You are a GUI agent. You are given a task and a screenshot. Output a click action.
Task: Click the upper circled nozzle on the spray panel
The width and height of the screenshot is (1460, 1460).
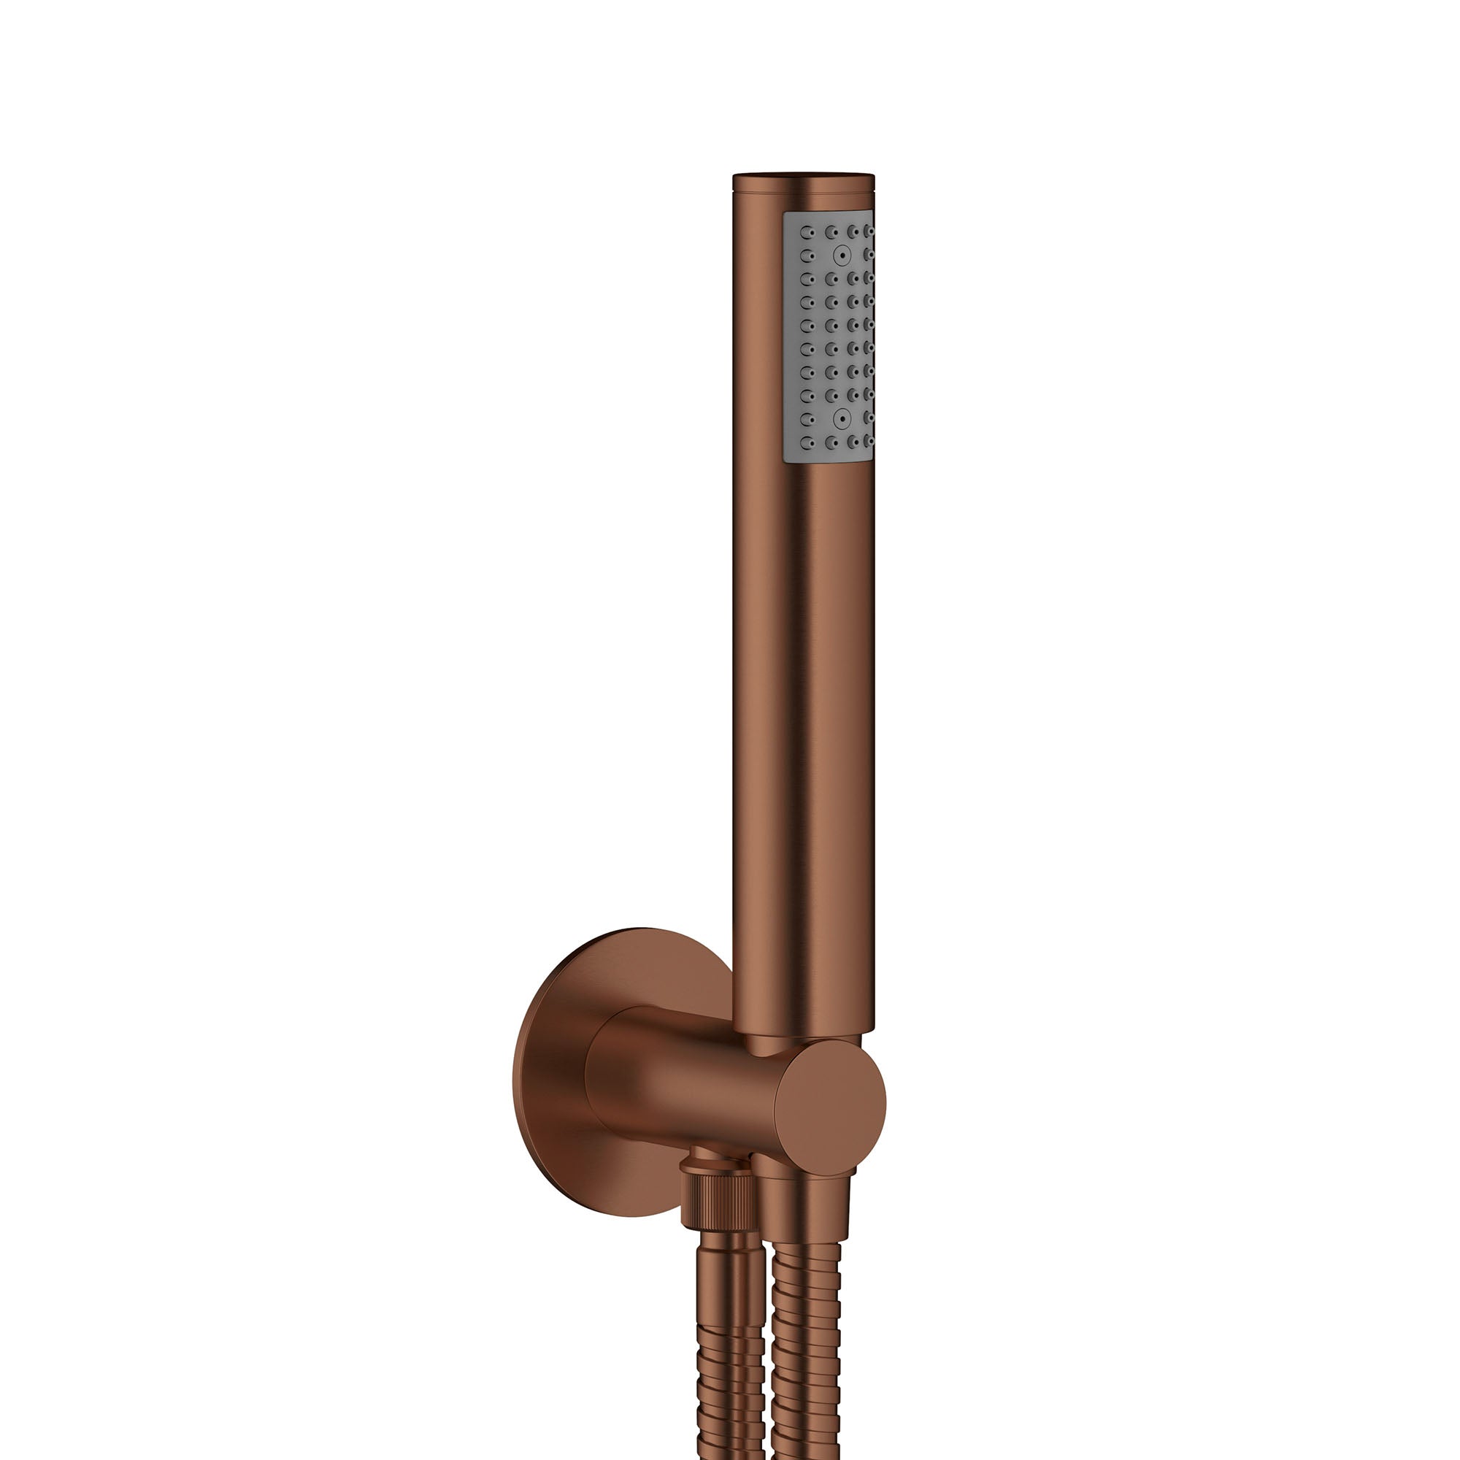839,255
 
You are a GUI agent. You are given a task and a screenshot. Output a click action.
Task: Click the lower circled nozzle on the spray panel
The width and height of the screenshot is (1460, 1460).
839,417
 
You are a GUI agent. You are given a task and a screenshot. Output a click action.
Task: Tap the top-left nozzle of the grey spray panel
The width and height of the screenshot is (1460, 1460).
807,233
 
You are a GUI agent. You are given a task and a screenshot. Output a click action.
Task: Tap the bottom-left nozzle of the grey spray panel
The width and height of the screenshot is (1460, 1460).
807,442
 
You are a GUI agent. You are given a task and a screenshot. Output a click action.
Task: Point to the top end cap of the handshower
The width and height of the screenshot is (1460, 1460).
803,177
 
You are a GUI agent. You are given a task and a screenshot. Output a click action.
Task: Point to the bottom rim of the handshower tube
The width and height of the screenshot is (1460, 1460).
803,1029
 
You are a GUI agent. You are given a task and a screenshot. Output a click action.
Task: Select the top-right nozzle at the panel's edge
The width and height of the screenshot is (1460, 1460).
869,233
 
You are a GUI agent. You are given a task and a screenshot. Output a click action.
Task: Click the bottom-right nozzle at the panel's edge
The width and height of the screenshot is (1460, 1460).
869,442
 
